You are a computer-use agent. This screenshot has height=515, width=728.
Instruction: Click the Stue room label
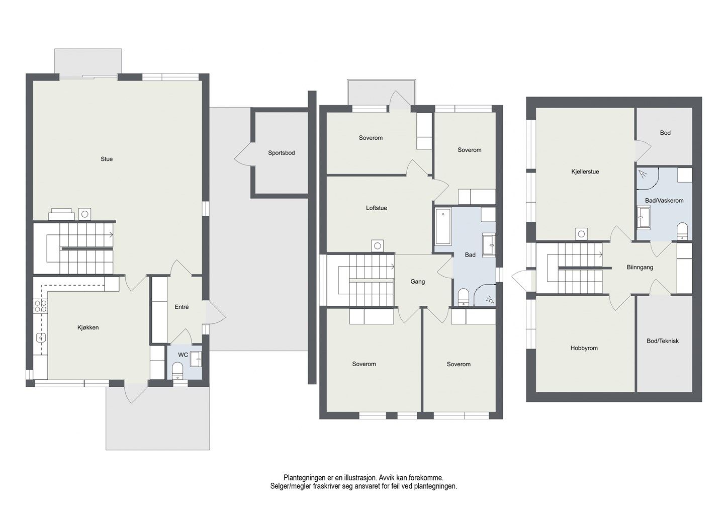tap(107, 159)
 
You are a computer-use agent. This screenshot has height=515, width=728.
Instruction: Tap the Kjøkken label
tap(88, 327)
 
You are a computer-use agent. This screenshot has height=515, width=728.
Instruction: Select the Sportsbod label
tap(282, 153)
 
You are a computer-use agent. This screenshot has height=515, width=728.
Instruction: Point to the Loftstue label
tap(377, 208)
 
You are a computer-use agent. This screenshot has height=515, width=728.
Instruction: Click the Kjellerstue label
tap(585, 171)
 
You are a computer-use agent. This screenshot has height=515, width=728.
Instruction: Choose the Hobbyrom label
tap(584, 348)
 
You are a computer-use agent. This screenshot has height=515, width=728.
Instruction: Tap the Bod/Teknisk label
tap(663, 340)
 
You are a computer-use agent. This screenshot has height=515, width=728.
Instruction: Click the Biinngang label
tap(640, 267)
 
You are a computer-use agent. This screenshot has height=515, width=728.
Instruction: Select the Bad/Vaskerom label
tap(664, 201)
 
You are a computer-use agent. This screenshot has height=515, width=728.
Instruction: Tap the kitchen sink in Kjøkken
tap(41, 338)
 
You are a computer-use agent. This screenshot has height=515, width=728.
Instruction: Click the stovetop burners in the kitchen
tap(41, 306)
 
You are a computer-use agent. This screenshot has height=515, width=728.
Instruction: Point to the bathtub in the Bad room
tap(443, 227)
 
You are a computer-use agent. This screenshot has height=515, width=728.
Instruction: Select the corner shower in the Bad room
tap(485, 295)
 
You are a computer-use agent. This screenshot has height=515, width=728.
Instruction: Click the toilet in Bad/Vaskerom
tap(682, 231)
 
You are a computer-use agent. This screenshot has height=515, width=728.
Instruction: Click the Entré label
tap(181, 307)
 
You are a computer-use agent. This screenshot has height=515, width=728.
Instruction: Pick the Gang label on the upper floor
tap(417, 282)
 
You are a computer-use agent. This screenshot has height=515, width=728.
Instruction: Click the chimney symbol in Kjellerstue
tap(581, 234)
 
